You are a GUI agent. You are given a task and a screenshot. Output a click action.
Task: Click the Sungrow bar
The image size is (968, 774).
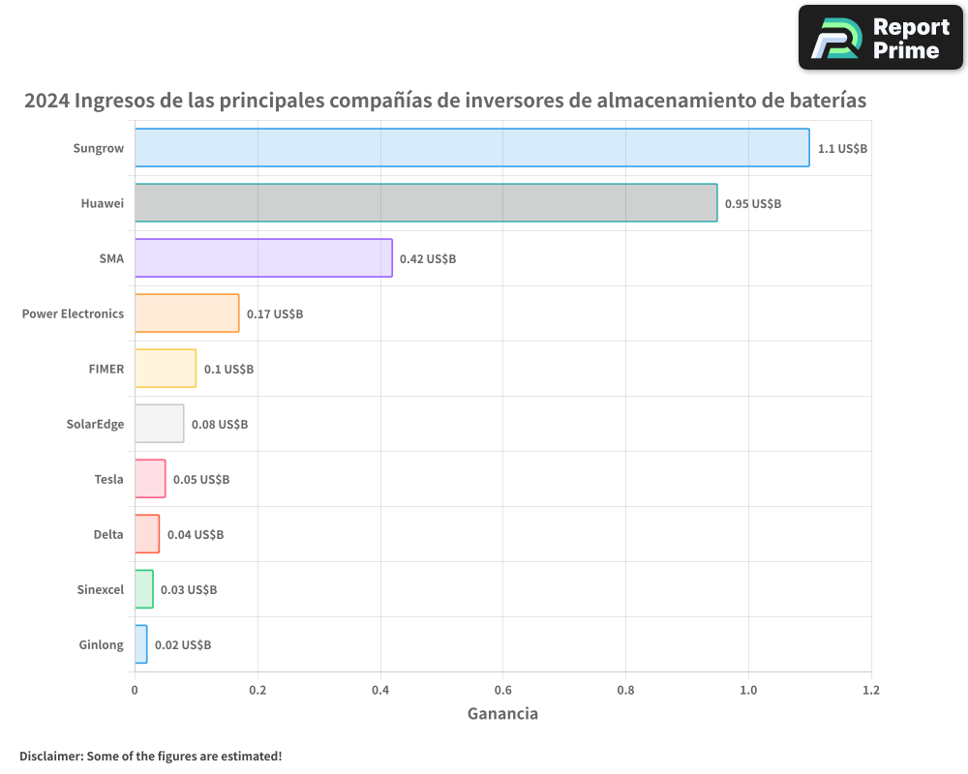(x=471, y=148)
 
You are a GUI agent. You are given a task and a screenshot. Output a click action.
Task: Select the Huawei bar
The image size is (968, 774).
(x=426, y=203)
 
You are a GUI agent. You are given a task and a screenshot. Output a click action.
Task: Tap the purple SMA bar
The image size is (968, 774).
(x=263, y=258)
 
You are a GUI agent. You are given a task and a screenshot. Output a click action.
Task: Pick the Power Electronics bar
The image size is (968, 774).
(x=187, y=313)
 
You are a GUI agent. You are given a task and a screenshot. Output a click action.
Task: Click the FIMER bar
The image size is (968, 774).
(x=166, y=369)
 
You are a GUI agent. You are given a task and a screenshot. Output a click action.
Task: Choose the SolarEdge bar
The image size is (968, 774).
(x=159, y=424)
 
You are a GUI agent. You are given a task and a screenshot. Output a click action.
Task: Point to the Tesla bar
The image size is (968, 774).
(x=150, y=479)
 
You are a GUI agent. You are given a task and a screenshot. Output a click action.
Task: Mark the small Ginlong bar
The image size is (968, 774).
(x=141, y=644)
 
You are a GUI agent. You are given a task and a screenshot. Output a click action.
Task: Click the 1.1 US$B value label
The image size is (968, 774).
(x=842, y=149)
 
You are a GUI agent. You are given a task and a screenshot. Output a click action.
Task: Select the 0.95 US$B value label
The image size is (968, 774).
(x=752, y=204)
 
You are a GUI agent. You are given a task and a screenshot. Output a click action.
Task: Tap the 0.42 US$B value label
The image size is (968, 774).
(x=427, y=259)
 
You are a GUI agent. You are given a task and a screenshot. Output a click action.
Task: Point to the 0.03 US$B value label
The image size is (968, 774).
(x=188, y=590)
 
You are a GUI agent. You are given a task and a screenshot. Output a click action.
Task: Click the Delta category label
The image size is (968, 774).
(x=108, y=534)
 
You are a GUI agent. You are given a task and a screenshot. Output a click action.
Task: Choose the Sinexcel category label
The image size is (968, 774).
(x=101, y=589)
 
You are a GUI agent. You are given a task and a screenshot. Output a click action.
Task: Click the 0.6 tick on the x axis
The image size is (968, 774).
(x=502, y=691)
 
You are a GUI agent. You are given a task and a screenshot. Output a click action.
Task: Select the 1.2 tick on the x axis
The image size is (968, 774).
(x=871, y=691)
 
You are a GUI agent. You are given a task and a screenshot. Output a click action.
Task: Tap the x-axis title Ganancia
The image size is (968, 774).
(x=502, y=714)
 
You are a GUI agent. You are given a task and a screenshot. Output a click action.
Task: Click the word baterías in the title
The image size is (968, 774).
(x=825, y=101)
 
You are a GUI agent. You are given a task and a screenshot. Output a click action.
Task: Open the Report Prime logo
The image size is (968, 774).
(x=880, y=38)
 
